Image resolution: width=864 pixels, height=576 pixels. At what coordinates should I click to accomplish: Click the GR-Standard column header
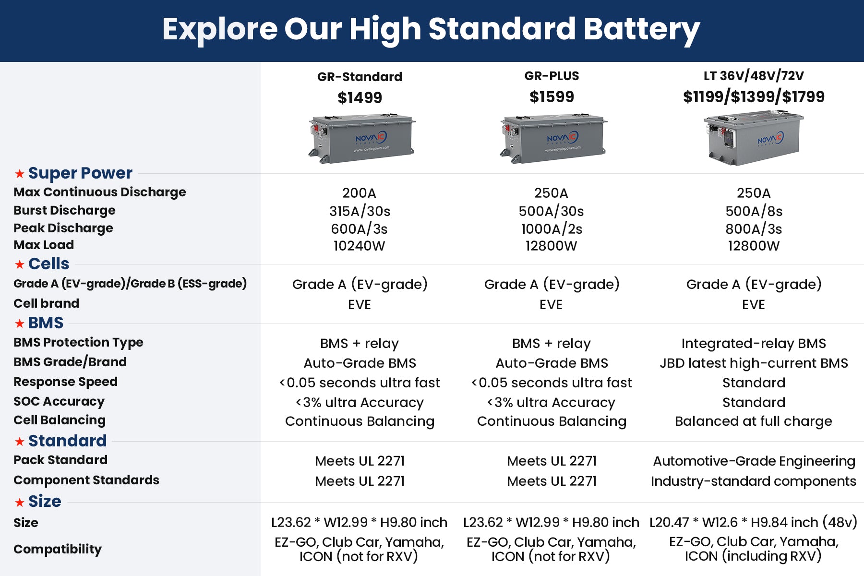(360, 77)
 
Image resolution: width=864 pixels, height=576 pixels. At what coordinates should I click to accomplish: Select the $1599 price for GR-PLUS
(552, 97)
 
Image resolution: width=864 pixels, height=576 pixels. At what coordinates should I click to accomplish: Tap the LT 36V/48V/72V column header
(754, 76)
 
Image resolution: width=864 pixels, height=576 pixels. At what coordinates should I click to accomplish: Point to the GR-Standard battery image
(361, 139)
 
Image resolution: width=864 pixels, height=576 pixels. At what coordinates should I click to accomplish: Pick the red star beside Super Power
(19, 173)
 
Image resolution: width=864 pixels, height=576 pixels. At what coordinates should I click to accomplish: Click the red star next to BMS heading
(19, 324)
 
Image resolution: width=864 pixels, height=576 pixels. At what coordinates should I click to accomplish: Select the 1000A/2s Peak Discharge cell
(552, 229)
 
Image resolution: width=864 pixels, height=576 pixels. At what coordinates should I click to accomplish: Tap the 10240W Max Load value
(360, 246)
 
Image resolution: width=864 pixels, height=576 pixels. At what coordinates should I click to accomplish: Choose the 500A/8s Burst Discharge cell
(754, 211)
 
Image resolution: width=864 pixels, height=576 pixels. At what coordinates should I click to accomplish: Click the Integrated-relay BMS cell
(754, 344)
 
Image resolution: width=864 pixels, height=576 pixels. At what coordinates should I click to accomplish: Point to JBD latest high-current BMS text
(754, 363)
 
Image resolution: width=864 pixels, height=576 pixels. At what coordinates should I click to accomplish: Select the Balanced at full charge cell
(754, 421)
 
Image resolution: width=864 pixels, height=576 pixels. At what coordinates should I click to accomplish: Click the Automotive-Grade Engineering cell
(754, 461)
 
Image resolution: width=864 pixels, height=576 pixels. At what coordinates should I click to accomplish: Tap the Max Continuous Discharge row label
(99, 192)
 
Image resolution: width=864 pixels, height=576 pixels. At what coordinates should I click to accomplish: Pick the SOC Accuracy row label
(59, 401)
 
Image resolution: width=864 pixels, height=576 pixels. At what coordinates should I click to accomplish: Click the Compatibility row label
(58, 549)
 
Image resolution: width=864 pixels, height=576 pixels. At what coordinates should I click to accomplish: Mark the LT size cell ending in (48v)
(754, 522)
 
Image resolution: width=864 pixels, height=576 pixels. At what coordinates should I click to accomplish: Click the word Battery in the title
(642, 30)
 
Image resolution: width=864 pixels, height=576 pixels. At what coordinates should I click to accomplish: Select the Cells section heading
(48, 264)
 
